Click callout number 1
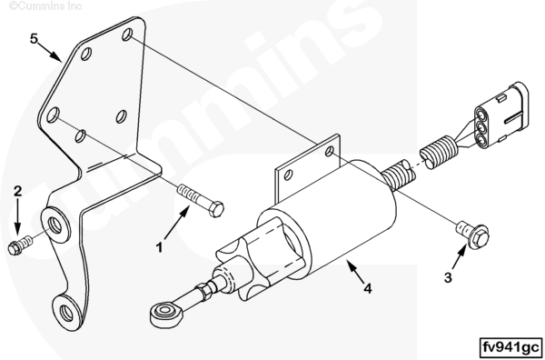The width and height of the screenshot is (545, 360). (159, 248)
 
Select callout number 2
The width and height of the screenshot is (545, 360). (18, 191)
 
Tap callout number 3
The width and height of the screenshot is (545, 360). (448, 277)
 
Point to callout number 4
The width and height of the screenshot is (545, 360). (368, 288)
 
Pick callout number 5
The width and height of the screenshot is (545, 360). (34, 38)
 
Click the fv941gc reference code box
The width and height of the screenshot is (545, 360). (510, 347)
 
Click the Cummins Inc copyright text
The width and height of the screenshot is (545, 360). (45, 6)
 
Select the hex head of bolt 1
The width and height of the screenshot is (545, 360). (216, 209)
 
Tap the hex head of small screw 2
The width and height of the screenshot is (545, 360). (15, 248)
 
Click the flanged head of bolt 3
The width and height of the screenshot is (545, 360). (479, 236)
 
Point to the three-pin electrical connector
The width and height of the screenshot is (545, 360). (501, 115)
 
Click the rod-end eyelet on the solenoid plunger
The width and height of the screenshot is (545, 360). (164, 315)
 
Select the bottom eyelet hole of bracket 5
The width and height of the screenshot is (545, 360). (66, 313)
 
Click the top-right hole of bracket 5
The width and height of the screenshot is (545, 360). (127, 35)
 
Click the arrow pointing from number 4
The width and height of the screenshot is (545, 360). (356, 273)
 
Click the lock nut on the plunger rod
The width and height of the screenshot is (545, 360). (203, 292)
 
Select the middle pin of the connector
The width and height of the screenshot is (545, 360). (481, 126)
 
